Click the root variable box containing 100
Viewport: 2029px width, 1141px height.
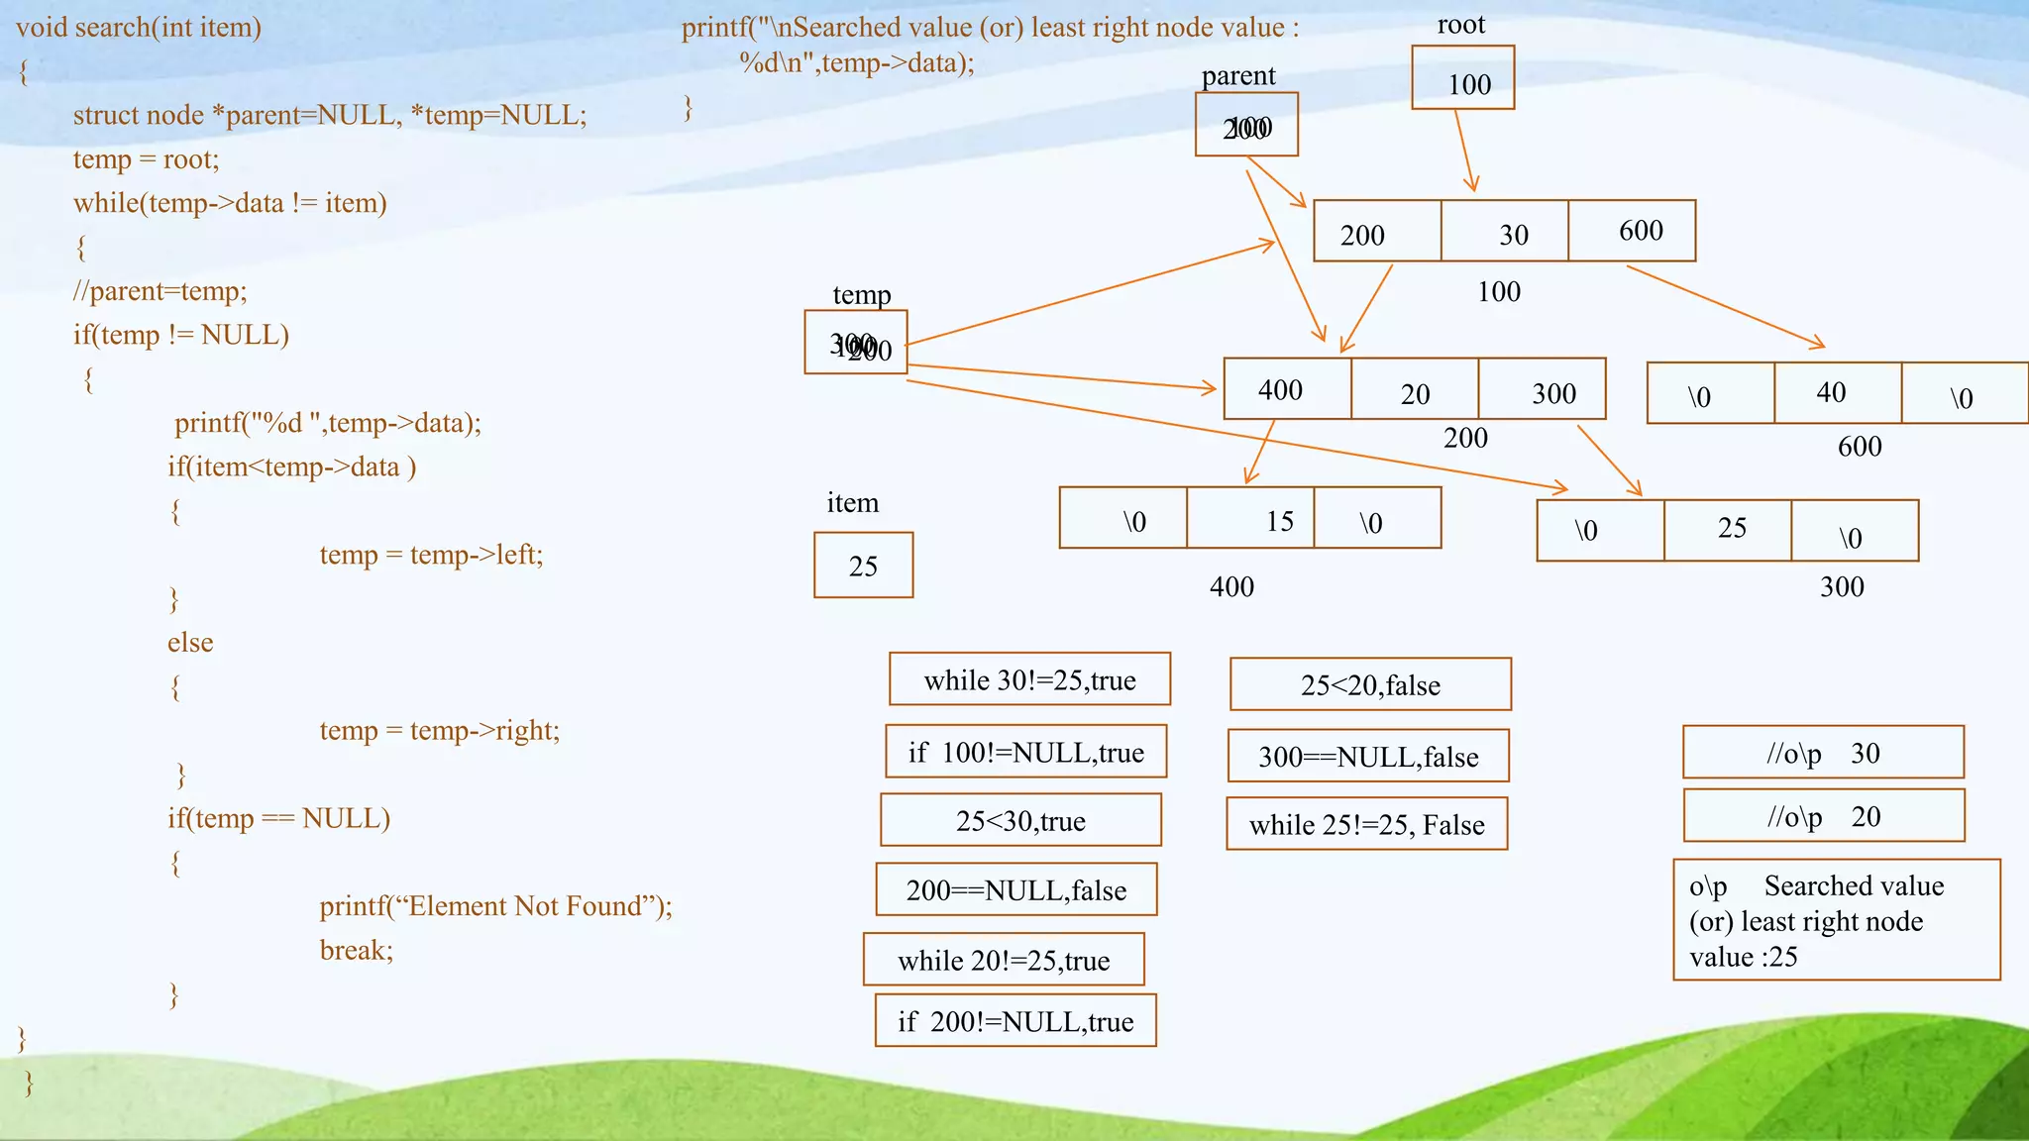1462,78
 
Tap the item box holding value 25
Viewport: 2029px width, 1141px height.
863,566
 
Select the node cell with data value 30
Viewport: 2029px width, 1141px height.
1504,232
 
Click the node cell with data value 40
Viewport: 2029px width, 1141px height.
1837,393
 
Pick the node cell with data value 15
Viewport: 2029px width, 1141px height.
1250,518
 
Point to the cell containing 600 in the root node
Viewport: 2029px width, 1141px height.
1632,232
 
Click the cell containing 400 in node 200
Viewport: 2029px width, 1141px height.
1287,389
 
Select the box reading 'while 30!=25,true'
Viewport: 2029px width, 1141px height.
1029,679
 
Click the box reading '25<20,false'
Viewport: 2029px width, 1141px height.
1370,684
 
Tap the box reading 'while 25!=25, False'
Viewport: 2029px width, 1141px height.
1366,824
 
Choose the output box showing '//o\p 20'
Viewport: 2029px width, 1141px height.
1823,816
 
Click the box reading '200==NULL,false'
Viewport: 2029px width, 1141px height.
1015,889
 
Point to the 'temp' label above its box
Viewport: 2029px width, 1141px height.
861,294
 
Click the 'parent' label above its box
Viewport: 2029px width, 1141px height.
1237,75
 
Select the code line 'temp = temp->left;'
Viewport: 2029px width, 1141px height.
431,555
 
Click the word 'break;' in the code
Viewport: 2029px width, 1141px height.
356,950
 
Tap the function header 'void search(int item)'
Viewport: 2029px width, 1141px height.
139,27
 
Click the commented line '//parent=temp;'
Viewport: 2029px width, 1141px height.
160,291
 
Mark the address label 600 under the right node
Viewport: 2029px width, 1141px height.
1859,447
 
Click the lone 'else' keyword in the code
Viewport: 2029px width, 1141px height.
190,643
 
